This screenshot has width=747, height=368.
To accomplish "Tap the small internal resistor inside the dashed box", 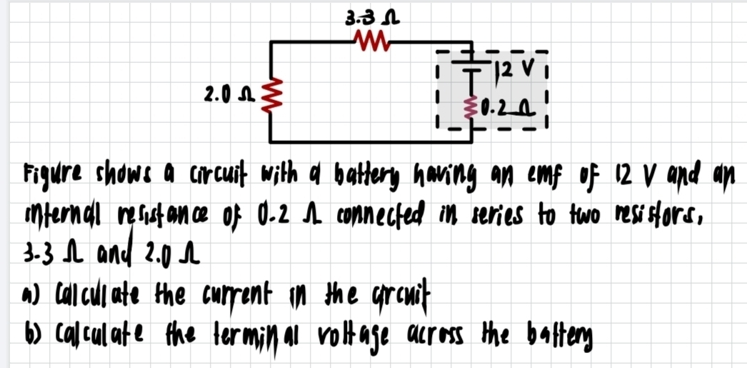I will [x=470, y=108].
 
